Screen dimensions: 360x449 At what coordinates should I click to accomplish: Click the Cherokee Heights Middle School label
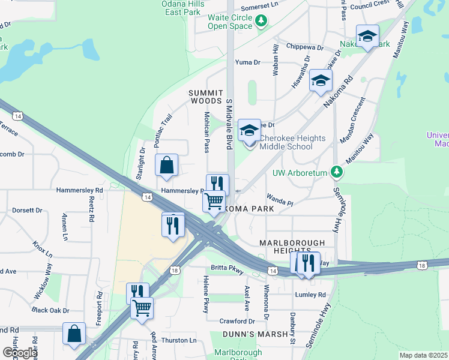click(292, 142)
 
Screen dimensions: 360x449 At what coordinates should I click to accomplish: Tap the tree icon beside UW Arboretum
click(337, 173)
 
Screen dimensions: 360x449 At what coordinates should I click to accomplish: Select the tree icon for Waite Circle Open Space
click(261, 22)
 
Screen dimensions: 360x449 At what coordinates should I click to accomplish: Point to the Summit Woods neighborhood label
click(206, 97)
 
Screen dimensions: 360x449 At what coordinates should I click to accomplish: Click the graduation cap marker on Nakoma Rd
click(321, 82)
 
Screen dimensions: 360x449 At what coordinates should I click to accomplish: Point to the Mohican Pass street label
click(206, 131)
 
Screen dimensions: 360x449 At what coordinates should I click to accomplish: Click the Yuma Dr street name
click(248, 62)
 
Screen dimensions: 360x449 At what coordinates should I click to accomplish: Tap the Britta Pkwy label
click(227, 269)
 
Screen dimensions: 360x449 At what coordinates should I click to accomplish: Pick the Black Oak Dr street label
click(50, 310)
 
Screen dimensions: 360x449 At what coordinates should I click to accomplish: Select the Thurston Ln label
click(179, 340)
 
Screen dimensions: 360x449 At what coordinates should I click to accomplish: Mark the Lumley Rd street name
click(310, 295)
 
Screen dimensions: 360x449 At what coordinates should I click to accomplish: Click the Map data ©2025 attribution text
click(423, 355)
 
